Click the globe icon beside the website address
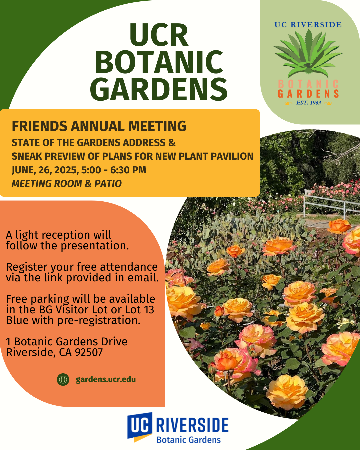point(63,379)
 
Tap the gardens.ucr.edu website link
point(106,380)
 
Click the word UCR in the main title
point(159,35)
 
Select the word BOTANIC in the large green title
point(159,62)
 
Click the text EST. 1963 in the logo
point(309,103)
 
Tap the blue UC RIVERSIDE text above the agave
point(308,25)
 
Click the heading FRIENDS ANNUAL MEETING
point(99,126)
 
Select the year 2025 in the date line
point(67,170)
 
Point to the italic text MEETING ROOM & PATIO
point(67,184)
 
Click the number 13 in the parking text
point(149,310)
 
